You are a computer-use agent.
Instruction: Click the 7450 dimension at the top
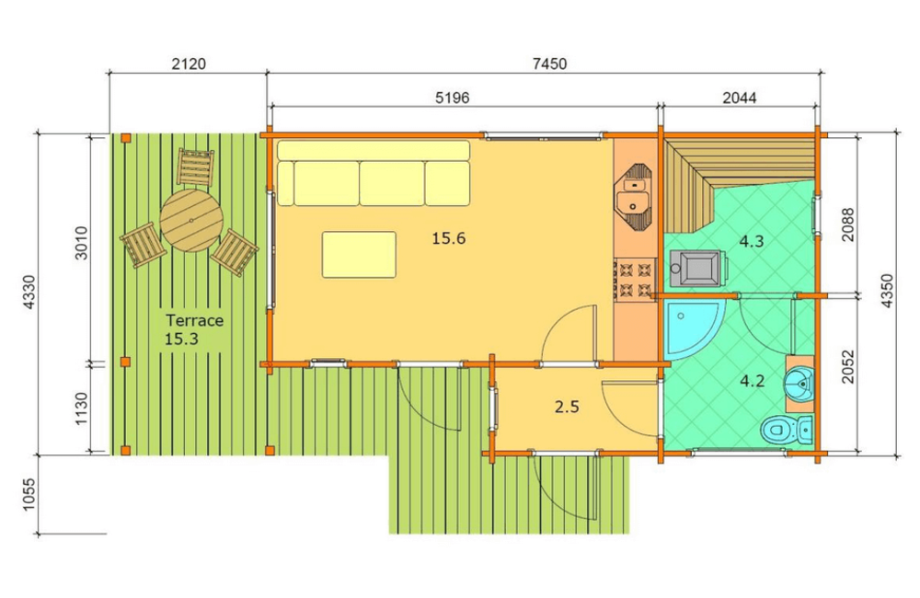(549, 63)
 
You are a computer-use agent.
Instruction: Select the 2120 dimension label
(189, 63)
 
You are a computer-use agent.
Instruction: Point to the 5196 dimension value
(452, 98)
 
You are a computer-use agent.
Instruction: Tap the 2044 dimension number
(740, 98)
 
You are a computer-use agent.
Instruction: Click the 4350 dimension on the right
(887, 291)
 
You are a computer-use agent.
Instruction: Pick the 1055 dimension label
(29, 495)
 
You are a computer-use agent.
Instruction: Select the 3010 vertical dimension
(81, 243)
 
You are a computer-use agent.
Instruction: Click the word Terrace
(194, 320)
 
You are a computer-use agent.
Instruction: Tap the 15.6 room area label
(448, 238)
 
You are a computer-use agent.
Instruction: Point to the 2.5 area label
(567, 406)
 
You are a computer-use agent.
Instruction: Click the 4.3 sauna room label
(751, 241)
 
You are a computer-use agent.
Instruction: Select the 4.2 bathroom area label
(752, 382)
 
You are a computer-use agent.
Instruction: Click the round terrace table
(191, 221)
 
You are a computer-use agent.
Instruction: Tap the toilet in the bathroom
(787, 431)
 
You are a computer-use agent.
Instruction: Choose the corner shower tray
(693, 328)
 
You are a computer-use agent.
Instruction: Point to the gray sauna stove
(698, 269)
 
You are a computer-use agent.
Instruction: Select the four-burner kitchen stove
(635, 280)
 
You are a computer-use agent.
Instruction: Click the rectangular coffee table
(359, 255)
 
